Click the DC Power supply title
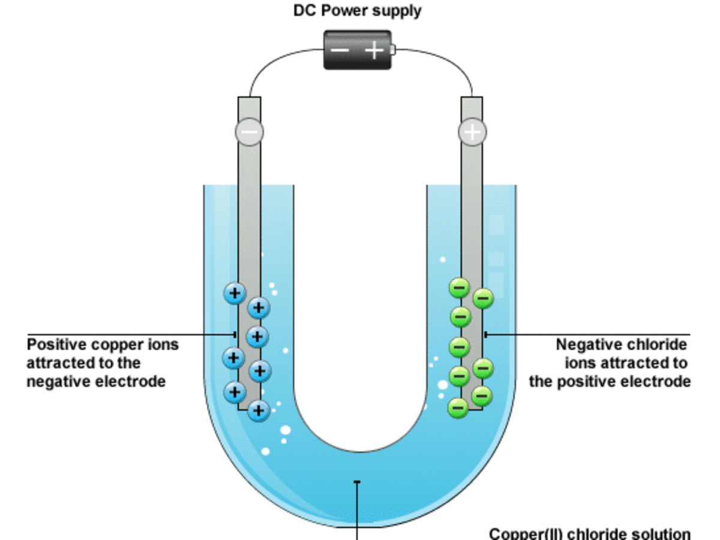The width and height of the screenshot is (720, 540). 357,11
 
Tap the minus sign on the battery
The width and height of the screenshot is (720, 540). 340,50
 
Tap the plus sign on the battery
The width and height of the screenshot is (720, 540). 374,50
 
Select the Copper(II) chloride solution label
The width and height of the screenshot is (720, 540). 590,533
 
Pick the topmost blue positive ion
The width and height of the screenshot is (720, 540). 235,293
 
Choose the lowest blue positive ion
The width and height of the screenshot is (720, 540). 258,410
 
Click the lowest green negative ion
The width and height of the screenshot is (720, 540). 459,408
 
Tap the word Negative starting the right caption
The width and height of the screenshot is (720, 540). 590,345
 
